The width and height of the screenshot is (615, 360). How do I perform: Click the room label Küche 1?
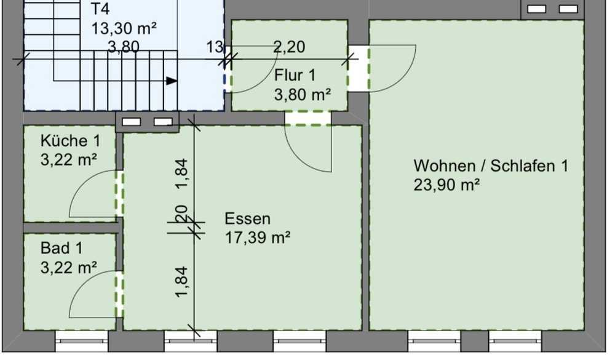pyautogui.click(x=71, y=141)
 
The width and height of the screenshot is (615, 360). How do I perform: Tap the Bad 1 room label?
pyautogui.click(x=61, y=248)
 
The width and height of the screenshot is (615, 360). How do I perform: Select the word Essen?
pyautogui.click(x=247, y=218)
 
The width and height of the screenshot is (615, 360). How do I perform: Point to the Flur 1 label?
pyautogui.click(x=295, y=75)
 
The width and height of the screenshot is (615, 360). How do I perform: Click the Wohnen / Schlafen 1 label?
pyautogui.click(x=491, y=166)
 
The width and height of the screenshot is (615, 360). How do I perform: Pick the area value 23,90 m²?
pyautogui.click(x=446, y=185)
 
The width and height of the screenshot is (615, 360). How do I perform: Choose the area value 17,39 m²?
pyautogui.click(x=258, y=238)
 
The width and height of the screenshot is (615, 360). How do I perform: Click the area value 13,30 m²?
pyautogui.click(x=124, y=28)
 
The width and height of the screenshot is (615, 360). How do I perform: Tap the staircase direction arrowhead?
pyautogui.click(x=172, y=81)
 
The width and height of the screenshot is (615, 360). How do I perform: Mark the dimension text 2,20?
pyautogui.click(x=289, y=47)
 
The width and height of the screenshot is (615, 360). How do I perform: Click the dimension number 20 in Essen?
pyautogui.click(x=181, y=214)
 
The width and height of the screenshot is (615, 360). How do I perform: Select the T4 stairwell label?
pyautogui.click(x=100, y=9)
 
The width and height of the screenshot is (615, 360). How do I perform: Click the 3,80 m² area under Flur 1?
pyautogui.click(x=303, y=95)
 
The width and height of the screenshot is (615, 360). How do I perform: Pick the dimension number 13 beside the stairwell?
pyautogui.click(x=215, y=47)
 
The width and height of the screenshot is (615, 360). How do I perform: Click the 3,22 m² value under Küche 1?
pyautogui.click(x=69, y=160)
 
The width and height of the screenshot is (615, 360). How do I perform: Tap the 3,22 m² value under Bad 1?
pyautogui.click(x=69, y=268)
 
